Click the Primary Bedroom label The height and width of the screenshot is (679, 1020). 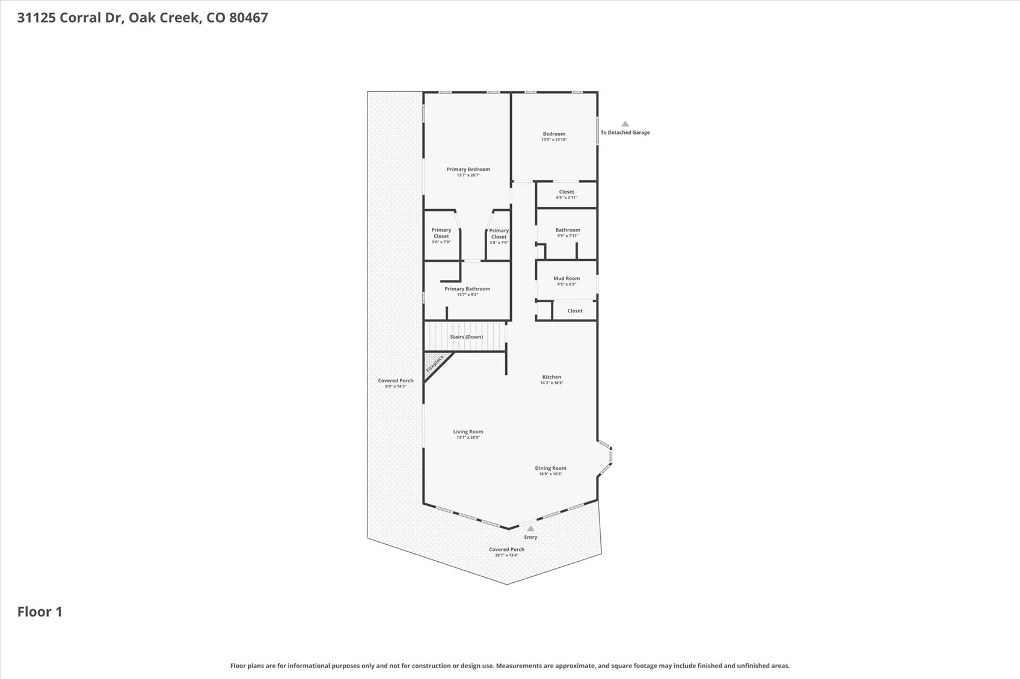pyautogui.click(x=468, y=169)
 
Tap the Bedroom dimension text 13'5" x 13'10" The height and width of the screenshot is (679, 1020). pyautogui.click(x=554, y=140)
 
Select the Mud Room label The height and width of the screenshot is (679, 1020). pyautogui.click(x=567, y=278)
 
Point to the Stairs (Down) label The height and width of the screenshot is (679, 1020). pyautogui.click(x=466, y=337)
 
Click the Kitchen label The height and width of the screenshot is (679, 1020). pyautogui.click(x=551, y=377)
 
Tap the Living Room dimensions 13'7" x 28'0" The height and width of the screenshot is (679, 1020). pyautogui.click(x=468, y=437)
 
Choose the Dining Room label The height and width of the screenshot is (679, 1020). pyautogui.click(x=550, y=468)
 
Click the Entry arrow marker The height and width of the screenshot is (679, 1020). pyautogui.click(x=530, y=529)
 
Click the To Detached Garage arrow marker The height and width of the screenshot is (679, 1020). pyautogui.click(x=625, y=124)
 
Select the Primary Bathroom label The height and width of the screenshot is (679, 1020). pyautogui.click(x=467, y=289)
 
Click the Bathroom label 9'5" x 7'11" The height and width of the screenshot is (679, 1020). pyautogui.click(x=568, y=230)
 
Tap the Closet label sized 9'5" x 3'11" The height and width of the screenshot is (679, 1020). pyautogui.click(x=567, y=192)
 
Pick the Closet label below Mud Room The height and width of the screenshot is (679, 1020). pyautogui.click(x=575, y=311)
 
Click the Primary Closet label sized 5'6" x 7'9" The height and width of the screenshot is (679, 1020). pyautogui.click(x=441, y=233)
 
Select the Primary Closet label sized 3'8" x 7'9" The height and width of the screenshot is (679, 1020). pyautogui.click(x=499, y=234)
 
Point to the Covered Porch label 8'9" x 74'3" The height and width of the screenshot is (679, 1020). pyautogui.click(x=396, y=380)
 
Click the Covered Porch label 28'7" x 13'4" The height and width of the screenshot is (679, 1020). pyautogui.click(x=506, y=549)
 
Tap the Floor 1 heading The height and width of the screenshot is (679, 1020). pyautogui.click(x=40, y=612)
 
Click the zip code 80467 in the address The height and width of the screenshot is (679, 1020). pyautogui.click(x=248, y=17)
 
